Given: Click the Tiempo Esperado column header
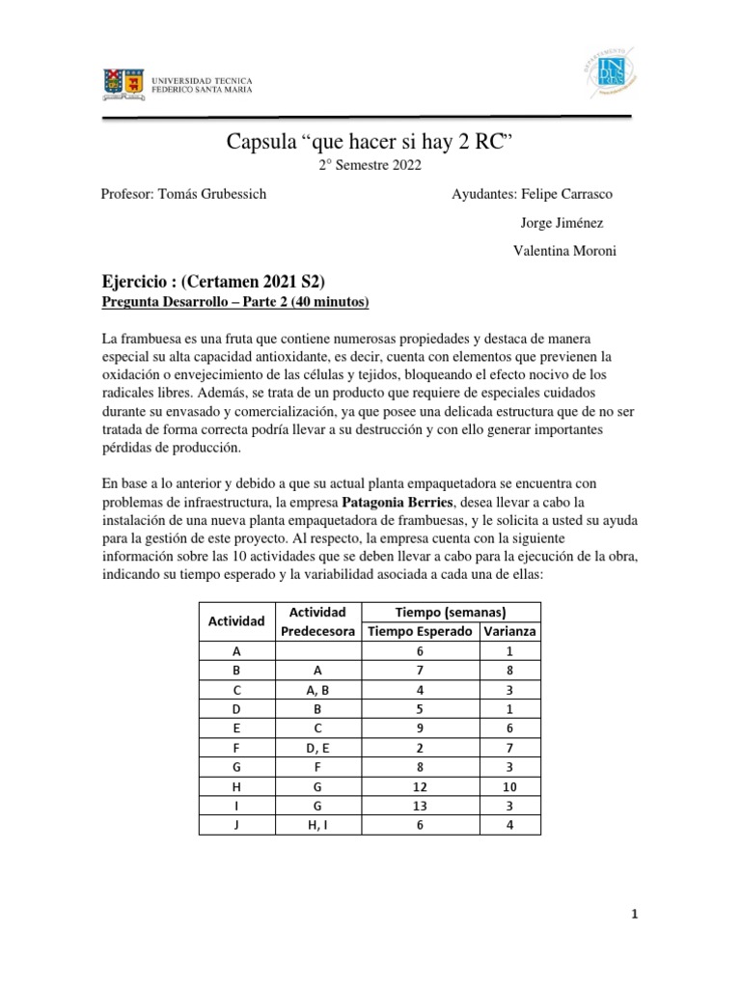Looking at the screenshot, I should [x=420, y=631].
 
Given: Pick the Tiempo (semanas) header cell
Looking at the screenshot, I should [x=452, y=612].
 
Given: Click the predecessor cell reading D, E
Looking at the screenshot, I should [x=317, y=748].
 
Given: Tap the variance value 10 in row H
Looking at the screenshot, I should [x=509, y=786].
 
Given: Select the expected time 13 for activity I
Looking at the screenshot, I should [x=420, y=806].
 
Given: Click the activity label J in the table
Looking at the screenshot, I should [x=236, y=825].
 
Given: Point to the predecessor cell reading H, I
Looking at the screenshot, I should [x=317, y=825].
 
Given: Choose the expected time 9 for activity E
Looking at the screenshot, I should [x=420, y=728].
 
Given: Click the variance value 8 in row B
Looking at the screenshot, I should [x=509, y=671].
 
